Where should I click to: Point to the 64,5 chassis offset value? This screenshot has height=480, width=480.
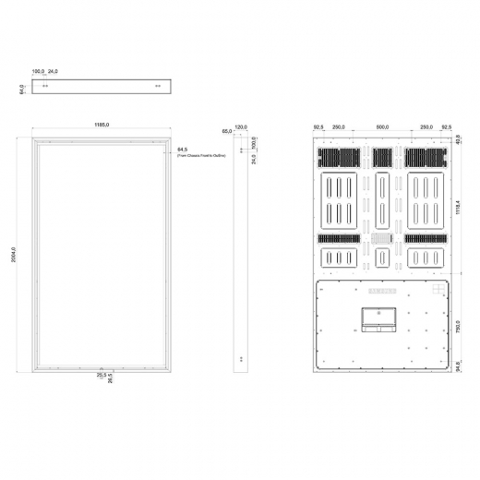tap(182, 149)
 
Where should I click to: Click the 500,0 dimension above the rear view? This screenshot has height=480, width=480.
tap(382, 126)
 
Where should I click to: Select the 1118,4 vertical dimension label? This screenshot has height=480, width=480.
tap(459, 207)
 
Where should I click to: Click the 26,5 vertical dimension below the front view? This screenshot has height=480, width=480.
tap(111, 379)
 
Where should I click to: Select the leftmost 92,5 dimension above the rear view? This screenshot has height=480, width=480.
tap(318, 126)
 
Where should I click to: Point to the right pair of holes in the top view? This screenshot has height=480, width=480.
tap(159, 86)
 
